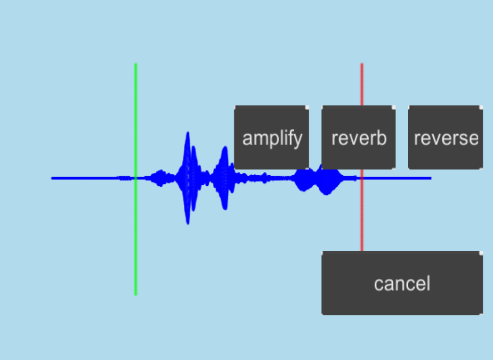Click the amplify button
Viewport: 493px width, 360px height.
pos(272,138)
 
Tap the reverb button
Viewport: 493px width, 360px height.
pos(359,138)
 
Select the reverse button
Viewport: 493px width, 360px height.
pos(445,138)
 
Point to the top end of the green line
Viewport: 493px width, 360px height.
pos(136,64)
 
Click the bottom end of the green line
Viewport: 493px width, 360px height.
pos(136,294)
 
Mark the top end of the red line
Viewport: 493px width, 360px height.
pos(362,64)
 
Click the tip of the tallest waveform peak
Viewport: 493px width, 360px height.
pos(188,133)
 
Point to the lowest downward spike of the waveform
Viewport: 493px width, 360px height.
pos(188,223)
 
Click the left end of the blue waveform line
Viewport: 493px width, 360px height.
pos(52,178)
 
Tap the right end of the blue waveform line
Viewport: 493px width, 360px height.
pos(430,178)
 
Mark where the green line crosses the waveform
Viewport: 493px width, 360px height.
pos(136,178)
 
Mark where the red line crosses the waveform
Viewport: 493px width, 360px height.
pos(362,178)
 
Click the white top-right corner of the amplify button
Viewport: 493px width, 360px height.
pos(307,107)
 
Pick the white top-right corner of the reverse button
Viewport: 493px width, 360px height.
pos(480,107)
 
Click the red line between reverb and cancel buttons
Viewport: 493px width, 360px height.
pos(362,210)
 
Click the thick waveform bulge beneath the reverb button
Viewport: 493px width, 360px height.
pos(327,182)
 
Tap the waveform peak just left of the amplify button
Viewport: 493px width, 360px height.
pos(224,148)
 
